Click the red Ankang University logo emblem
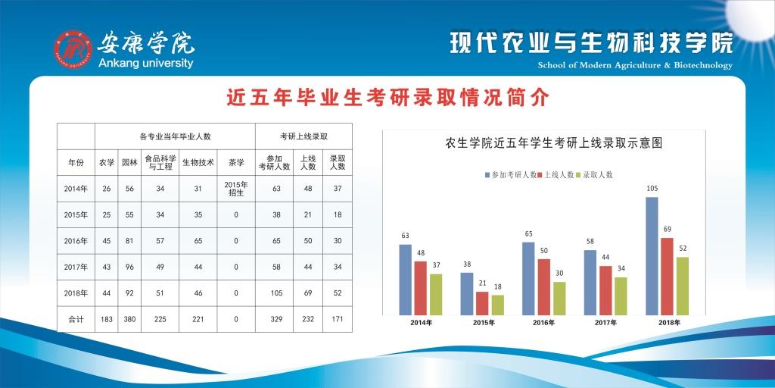tap(73, 49)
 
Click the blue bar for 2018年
tap(652, 256)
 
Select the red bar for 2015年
tap(482, 303)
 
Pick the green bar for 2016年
tap(559, 299)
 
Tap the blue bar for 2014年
tap(406, 280)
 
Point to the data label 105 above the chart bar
tap(652, 189)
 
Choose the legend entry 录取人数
tap(595, 175)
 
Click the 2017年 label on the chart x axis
tap(605, 323)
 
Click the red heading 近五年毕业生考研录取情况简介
tap(387, 98)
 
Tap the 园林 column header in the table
tap(129, 162)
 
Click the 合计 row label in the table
tap(76, 319)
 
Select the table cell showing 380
tap(129, 319)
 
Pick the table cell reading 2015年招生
tap(236, 189)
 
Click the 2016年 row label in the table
tap(76, 241)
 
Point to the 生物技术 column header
tap(198, 162)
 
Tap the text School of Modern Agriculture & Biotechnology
tap(635, 65)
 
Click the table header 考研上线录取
tap(304, 136)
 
